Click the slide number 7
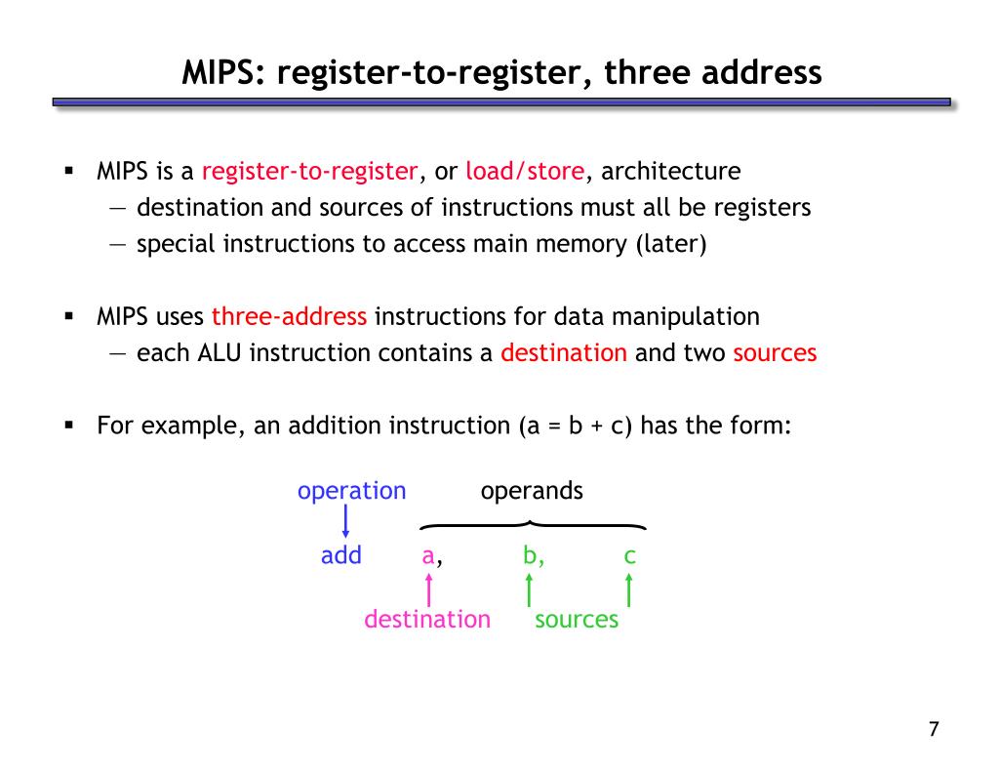934,729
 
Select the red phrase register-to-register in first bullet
310,172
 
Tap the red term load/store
526,172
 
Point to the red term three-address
289,316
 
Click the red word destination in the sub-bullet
563,352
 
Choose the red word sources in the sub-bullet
774,352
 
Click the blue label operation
351,491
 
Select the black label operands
532,491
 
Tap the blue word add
341,556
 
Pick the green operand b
530,556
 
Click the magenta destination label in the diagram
427,619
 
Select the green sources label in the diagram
577,619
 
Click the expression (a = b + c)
576,426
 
